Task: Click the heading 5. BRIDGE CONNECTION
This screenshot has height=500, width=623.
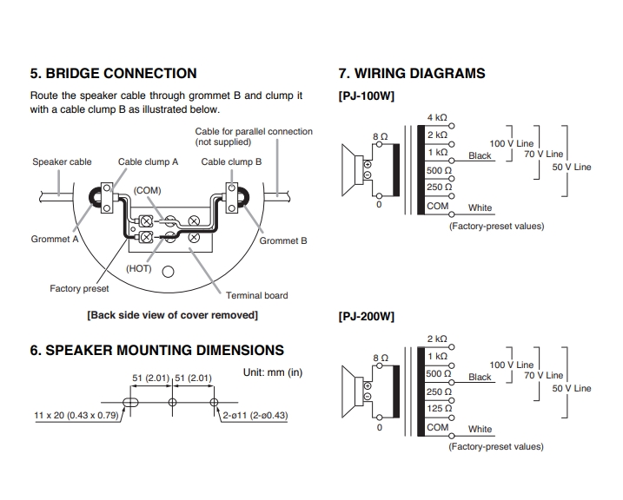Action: click(x=114, y=74)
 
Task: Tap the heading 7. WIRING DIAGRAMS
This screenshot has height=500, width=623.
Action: click(x=412, y=74)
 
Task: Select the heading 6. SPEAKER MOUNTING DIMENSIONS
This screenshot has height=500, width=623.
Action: click(x=157, y=351)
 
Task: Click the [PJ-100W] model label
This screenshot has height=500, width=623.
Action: click(x=366, y=96)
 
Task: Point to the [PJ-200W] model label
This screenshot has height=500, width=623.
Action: click(x=366, y=317)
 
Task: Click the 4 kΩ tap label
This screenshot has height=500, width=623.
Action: click(x=437, y=118)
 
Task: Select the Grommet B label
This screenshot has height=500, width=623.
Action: click(x=284, y=240)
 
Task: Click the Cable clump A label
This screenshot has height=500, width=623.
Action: click(x=149, y=161)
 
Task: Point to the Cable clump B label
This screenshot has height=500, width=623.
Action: click(x=231, y=161)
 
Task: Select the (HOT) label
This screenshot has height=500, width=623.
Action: click(x=139, y=268)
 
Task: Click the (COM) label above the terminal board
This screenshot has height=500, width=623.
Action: click(x=147, y=190)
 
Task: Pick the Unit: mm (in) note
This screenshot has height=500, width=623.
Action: click(x=273, y=372)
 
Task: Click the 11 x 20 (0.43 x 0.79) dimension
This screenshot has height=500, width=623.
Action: click(x=76, y=416)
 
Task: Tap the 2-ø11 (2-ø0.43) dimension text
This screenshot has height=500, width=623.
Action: click(x=255, y=416)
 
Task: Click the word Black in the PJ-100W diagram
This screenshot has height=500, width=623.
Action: click(x=480, y=156)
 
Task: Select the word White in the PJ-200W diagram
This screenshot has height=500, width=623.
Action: click(x=480, y=429)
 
